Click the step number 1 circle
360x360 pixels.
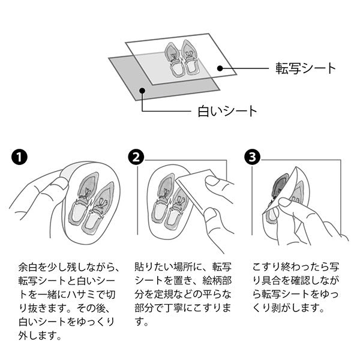[x=19, y=157]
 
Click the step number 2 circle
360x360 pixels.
[x=136, y=157]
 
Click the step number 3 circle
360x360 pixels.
[x=253, y=157]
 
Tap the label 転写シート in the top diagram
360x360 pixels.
[x=305, y=68]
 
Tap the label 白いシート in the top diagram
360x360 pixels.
[x=227, y=111]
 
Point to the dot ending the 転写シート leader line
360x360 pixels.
[x=220, y=68]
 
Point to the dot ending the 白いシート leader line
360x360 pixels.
[x=142, y=90]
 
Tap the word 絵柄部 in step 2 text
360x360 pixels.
[x=217, y=281]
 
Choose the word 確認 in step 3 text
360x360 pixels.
[x=294, y=281]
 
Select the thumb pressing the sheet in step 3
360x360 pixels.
[x=287, y=205]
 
